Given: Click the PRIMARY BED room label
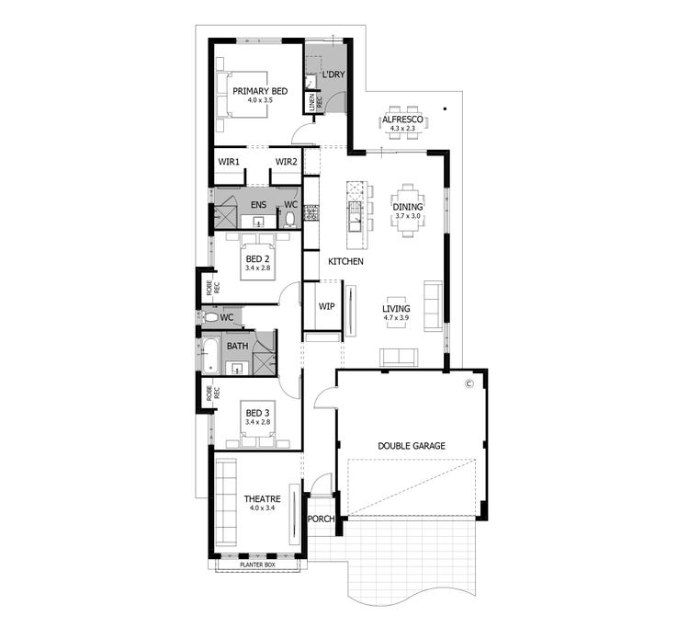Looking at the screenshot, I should coord(260,91).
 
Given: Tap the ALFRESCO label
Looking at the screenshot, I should coord(402,120).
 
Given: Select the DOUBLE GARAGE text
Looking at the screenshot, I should coord(412,446).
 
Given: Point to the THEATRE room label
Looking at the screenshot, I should coord(261,498).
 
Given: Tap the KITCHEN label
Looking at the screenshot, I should coord(346,262).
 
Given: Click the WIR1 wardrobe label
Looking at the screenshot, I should coord(229,162).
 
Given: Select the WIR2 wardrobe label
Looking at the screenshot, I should coord(287,162).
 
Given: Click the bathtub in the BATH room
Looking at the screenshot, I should coord(209,355).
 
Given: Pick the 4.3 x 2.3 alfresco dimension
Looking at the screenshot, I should coord(402,130).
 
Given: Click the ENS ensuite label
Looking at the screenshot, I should coord(258,204).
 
